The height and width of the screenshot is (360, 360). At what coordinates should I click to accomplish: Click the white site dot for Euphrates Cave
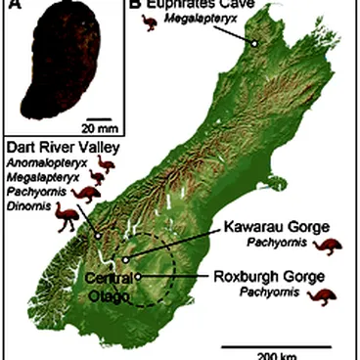[x=254, y=43]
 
